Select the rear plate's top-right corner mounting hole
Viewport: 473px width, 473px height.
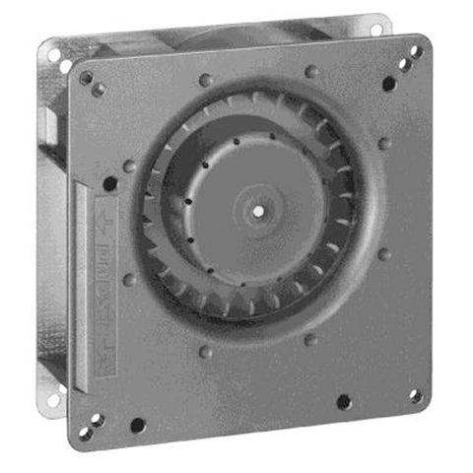375,30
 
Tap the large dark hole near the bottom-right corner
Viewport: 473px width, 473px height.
343,402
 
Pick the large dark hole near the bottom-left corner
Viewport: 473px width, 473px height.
137,426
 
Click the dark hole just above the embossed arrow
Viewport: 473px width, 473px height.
109,183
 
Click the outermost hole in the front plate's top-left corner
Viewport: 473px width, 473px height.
86,77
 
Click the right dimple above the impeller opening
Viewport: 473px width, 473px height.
311,71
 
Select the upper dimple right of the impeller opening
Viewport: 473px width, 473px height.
385,143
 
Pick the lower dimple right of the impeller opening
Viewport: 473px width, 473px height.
384,254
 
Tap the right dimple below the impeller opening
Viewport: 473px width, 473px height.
311,340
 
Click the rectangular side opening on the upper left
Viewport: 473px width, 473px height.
49,123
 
